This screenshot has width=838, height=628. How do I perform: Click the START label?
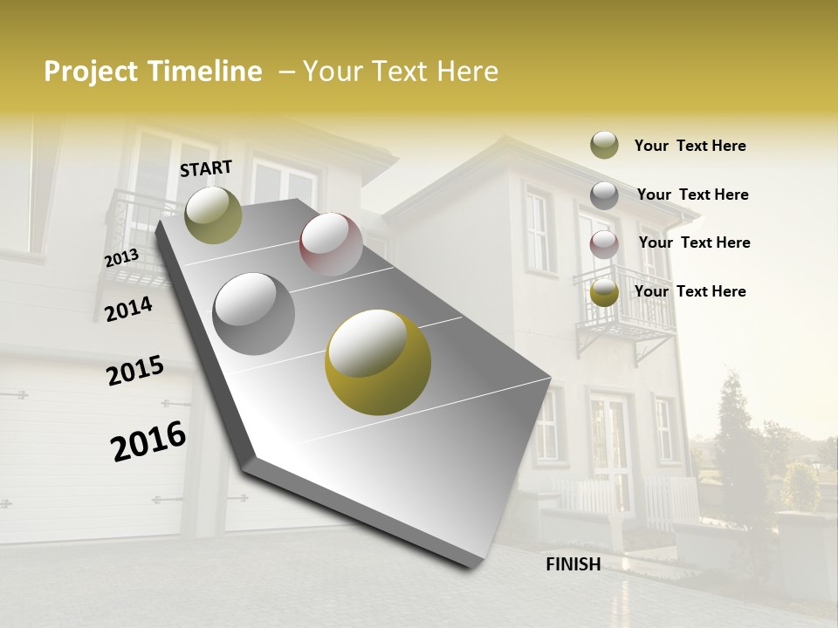[x=206, y=168]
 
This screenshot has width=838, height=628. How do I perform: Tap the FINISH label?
[x=573, y=564]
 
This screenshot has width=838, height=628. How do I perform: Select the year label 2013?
[x=121, y=258]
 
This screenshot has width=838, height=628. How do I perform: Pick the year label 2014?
[x=128, y=310]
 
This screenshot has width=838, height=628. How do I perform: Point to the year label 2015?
[x=135, y=371]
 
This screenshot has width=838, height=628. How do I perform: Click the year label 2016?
[x=148, y=441]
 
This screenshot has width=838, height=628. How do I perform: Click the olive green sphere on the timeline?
[x=213, y=215]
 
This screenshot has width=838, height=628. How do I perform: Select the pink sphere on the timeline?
[x=331, y=243]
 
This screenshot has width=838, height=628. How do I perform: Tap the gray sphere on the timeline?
[x=253, y=313]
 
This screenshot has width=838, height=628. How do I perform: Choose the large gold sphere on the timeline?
[x=377, y=361]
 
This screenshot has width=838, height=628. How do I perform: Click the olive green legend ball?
[x=604, y=145]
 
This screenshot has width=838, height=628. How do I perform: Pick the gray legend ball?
[x=604, y=195]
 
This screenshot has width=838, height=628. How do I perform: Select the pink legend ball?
[x=604, y=244]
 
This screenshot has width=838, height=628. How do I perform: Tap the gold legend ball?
[x=604, y=293]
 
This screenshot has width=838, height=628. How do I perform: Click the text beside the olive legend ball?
[x=690, y=146]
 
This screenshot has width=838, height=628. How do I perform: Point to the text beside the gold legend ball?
[x=690, y=291]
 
